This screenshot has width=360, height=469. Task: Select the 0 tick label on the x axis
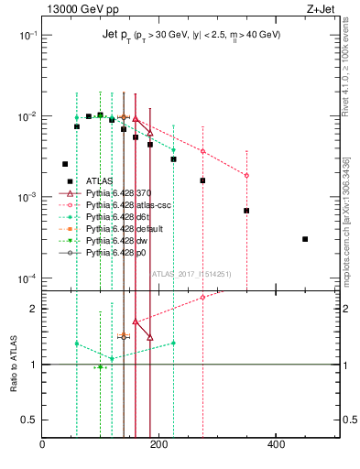42,445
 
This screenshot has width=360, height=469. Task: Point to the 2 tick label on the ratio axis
33,309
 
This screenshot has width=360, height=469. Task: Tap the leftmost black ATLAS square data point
65,164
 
